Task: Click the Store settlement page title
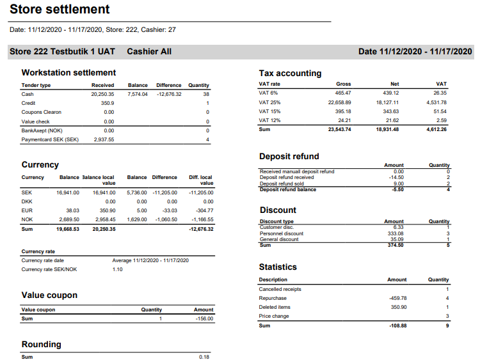[x=60, y=10]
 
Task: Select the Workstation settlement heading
[x=68, y=72]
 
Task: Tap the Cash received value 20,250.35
[x=102, y=94]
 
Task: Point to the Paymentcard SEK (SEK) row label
[x=50, y=139]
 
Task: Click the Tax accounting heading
[x=290, y=73]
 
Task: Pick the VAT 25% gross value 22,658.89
[x=339, y=102]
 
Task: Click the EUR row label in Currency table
[x=27, y=210]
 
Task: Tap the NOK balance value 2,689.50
[x=68, y=219]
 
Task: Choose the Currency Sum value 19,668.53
[x=67, y=229]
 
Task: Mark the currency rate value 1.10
[x=117, y=269]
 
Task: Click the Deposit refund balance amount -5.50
[x=397, y=190]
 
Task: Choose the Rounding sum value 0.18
[x=204, y=357]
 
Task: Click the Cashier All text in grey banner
[x=149, y=51]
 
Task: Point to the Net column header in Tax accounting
[x=395, y=84]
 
